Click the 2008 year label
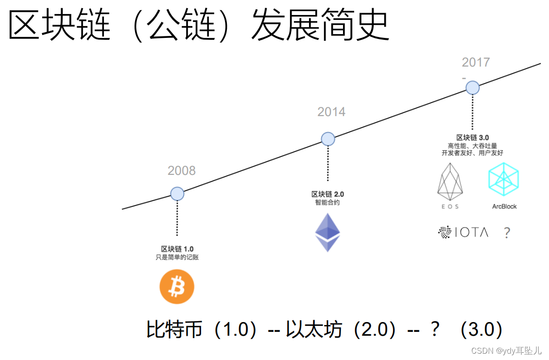(182, 171)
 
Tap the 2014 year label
(331, 112)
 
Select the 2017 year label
(476, 62)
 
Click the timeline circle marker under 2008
(177, 194)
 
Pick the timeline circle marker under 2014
(328, 139)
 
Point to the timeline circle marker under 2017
(473, 87)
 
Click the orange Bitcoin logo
(177, 287)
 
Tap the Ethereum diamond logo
(327, 233)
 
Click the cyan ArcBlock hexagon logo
(504, 179)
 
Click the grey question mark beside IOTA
(507, 233)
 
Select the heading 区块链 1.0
(177, 249)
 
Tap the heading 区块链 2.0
(327, 194)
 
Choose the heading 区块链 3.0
(472, 137)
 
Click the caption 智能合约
(327, 203)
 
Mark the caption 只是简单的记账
(177, 257)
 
